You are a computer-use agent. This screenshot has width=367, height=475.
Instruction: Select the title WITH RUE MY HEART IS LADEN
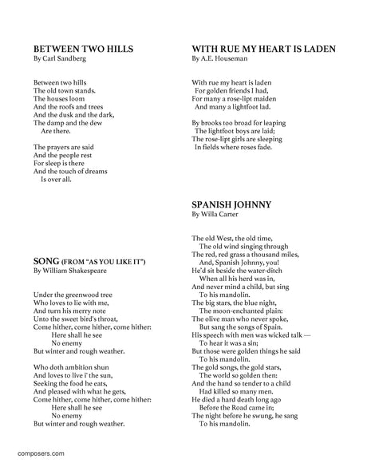262,49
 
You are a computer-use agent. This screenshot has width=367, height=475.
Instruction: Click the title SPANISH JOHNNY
232,204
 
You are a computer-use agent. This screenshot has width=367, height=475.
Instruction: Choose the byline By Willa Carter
218,214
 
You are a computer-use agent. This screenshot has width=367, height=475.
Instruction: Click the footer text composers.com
41,453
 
